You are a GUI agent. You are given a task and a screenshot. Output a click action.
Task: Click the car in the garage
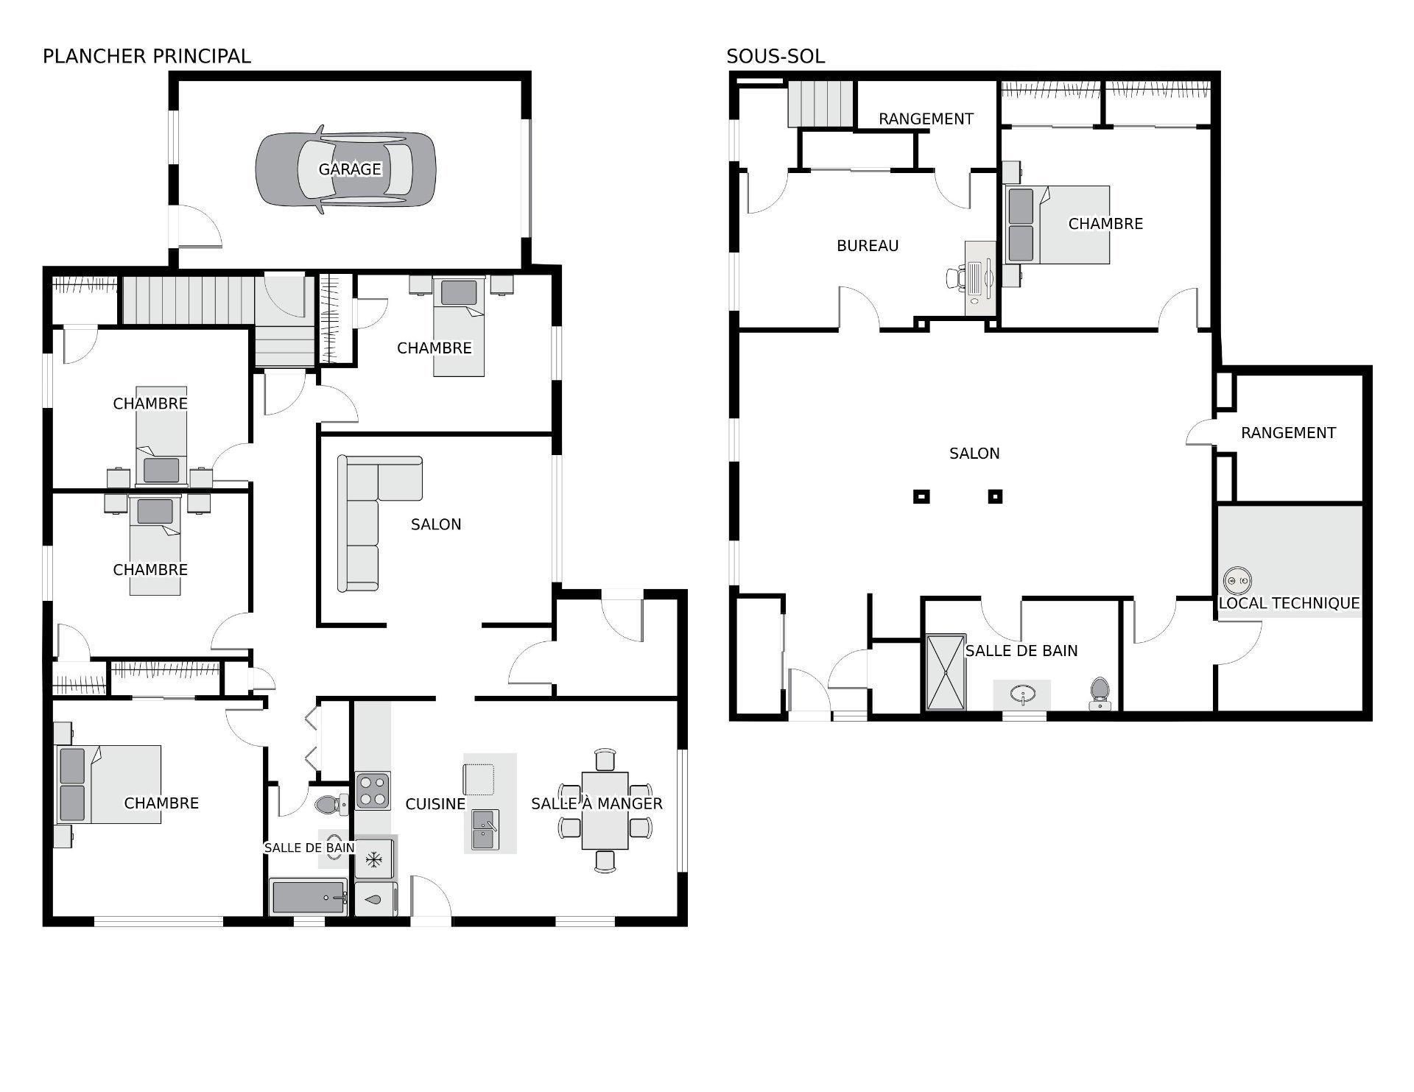coord(345,169)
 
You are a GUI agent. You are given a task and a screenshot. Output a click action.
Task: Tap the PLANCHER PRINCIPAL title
coord(147,56)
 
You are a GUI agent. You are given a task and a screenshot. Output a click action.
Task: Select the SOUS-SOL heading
coord(775,56)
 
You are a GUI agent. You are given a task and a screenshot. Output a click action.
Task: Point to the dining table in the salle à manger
coord(605,810)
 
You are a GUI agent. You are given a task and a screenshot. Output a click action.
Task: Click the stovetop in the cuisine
coord(372,790)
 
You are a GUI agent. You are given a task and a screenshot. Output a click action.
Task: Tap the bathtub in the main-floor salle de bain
coord(308,897)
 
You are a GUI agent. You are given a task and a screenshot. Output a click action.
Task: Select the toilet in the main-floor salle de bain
coord(331,805)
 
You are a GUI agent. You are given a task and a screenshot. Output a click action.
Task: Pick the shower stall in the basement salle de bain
coord(945,672)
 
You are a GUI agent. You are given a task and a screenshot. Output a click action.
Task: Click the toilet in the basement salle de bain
coord(1100,692)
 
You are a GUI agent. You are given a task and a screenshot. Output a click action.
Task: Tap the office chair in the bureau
coord(955,278)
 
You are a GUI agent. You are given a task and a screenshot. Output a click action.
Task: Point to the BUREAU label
coord(867,246)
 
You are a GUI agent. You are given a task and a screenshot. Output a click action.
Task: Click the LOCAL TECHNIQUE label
coord(1288,603)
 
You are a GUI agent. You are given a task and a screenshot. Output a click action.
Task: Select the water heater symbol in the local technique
coord(1237,581)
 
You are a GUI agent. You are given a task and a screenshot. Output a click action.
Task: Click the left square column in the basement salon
coord(921,496)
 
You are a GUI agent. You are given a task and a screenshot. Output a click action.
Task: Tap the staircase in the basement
coord(820,105)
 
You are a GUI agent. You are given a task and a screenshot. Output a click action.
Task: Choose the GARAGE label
coord(349,169)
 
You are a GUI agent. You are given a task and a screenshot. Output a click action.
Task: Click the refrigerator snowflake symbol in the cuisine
coord(374,859)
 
